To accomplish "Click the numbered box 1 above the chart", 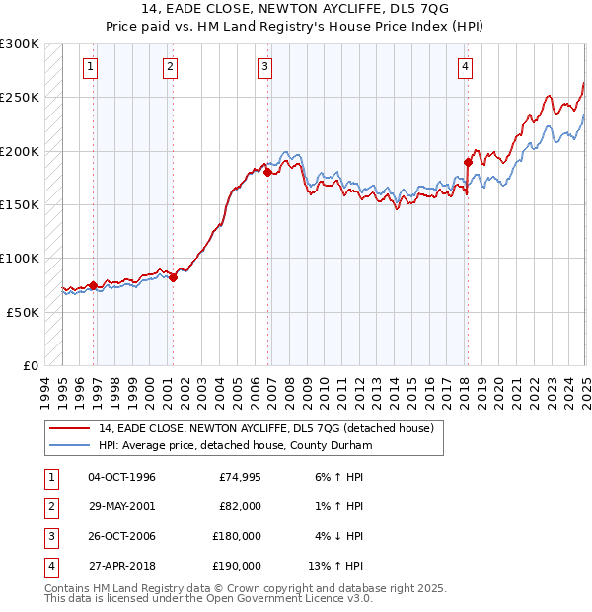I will click(90, 67).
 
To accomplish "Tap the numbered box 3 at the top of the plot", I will click(265, 67).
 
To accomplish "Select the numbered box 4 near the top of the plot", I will click(465, 67).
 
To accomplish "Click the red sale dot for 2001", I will click(173, 277).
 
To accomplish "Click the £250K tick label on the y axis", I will click(20, 98).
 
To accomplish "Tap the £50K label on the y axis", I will click(24, 312).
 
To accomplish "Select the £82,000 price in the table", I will click(240, 507).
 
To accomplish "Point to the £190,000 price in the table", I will click(237, 567).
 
